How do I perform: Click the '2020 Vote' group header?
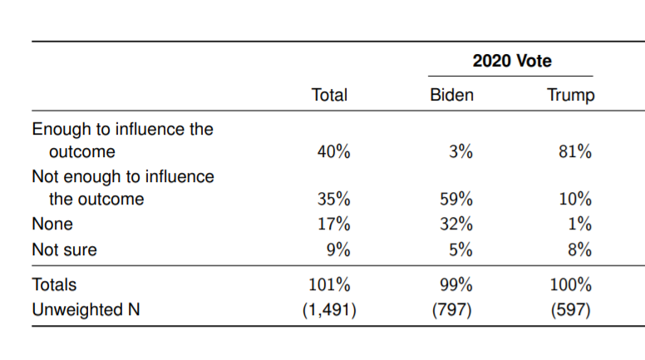click(511, 62)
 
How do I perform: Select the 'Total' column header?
click(328, 96)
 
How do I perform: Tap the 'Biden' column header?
click(451, 96)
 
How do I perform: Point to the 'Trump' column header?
click(571, 96)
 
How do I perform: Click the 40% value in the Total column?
click(334, 152)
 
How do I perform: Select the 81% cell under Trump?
click(575, 152)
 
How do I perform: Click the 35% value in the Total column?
click(334, 200)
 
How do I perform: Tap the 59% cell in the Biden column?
click(455, 200)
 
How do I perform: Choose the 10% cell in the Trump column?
click(575, 200)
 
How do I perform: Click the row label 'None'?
click(52, 224)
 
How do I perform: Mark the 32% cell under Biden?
click(455, 224)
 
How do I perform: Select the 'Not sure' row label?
click(64, 249)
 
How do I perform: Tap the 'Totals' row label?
click(54, 285)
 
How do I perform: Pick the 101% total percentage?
click(330, 285)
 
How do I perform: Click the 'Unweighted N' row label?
click(86, 310)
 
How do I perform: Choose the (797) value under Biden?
click(454, 310)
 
